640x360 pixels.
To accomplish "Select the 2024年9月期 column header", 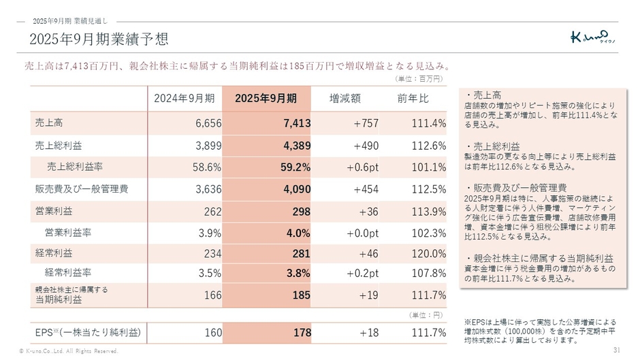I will click(x=185, y=99).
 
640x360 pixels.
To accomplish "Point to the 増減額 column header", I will click(x=345, y=99).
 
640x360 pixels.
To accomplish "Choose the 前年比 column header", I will click(x=413, y=99).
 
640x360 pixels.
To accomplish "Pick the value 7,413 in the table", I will click(x=298, y=123).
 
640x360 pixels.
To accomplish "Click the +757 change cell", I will click(x=366, y=123).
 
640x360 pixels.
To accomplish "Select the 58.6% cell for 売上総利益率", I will click(x=206, y=167).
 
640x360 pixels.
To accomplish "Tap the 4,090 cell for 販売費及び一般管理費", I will click(x=298, y=189).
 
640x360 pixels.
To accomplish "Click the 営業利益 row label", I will click(x=53, y=211).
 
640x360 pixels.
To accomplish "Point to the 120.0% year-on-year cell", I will click(x=429, y=254).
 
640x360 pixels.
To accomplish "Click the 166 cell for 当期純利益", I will click(x=214, y=295).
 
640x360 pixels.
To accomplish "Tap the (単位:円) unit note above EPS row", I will click(x=428, y=315).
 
